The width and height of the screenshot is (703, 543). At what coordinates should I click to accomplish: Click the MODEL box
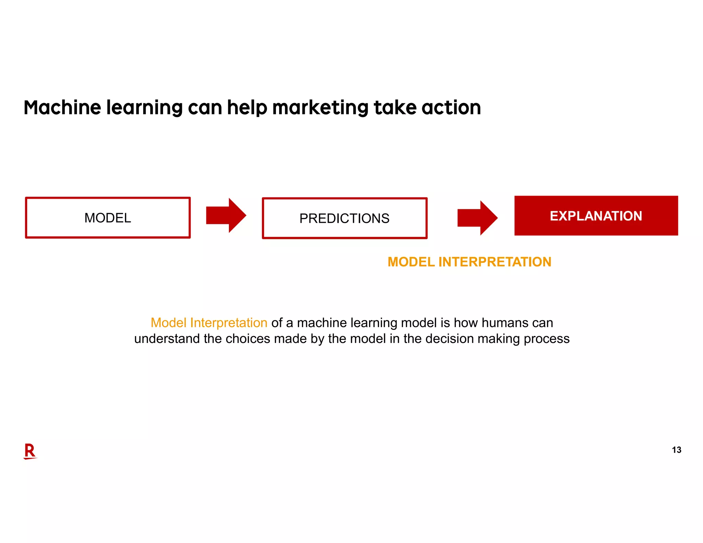coord(108,218)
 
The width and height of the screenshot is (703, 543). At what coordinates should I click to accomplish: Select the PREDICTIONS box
coord(344,218)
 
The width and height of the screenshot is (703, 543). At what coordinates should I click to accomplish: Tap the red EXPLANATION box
coord(596,216)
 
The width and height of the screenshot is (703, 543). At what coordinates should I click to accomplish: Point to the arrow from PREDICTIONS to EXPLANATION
coord(477,218)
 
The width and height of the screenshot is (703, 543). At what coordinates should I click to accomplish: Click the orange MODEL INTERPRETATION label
coord(469,262)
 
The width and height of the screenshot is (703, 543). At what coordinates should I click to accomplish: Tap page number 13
coord(676,450)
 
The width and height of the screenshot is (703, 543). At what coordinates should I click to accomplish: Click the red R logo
coord(30,451)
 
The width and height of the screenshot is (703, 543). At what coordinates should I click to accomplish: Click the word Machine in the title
coord(62,107)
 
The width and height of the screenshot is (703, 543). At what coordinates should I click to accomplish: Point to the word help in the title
coord(247,107)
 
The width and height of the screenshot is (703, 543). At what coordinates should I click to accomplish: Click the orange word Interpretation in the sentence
coord(229,323)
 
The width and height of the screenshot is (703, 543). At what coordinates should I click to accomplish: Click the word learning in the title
coord(144,107)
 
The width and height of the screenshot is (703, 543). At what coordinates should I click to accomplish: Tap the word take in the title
coord(395,107)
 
